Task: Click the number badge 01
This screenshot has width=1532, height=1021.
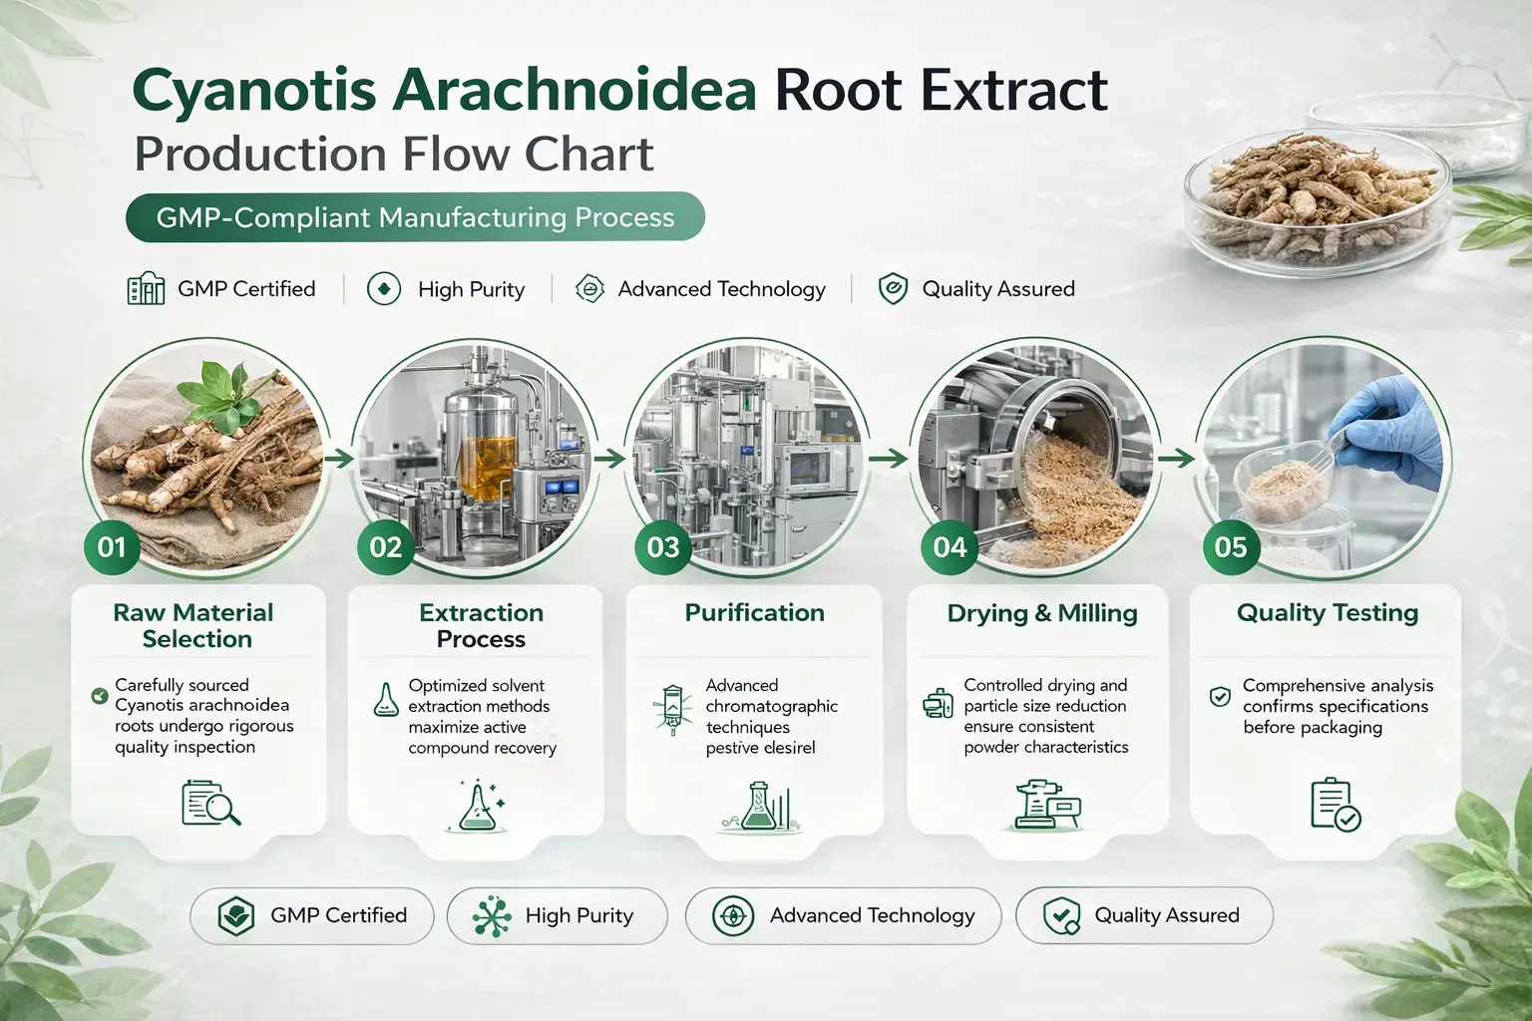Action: tap(112, 546)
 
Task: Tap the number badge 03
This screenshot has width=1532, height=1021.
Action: tap(663, 547)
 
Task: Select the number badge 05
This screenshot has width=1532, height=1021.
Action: tap(1231, 547)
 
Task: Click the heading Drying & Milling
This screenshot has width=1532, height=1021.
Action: tap(1042, 613)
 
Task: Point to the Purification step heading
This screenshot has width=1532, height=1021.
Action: tap(754, 613)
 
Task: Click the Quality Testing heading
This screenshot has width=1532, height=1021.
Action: tap(1327, 613)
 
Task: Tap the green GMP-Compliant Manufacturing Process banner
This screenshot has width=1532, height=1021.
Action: tap(415, 217)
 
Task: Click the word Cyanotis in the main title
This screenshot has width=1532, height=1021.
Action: tap(253, 90)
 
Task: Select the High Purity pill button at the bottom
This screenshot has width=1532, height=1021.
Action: tap(557, 915)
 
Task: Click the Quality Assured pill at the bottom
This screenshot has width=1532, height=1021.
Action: tap(1144, 915)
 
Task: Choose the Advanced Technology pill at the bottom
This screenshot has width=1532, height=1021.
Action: tap(843, 915)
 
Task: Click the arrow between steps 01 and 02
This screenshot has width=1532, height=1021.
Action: tap(339, 459)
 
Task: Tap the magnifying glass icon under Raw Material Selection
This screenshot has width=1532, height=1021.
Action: tap(211, 804)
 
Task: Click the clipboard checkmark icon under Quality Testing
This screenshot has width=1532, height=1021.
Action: tap(1335, 804)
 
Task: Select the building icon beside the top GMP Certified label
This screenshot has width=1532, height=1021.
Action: tap(147, 289)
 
